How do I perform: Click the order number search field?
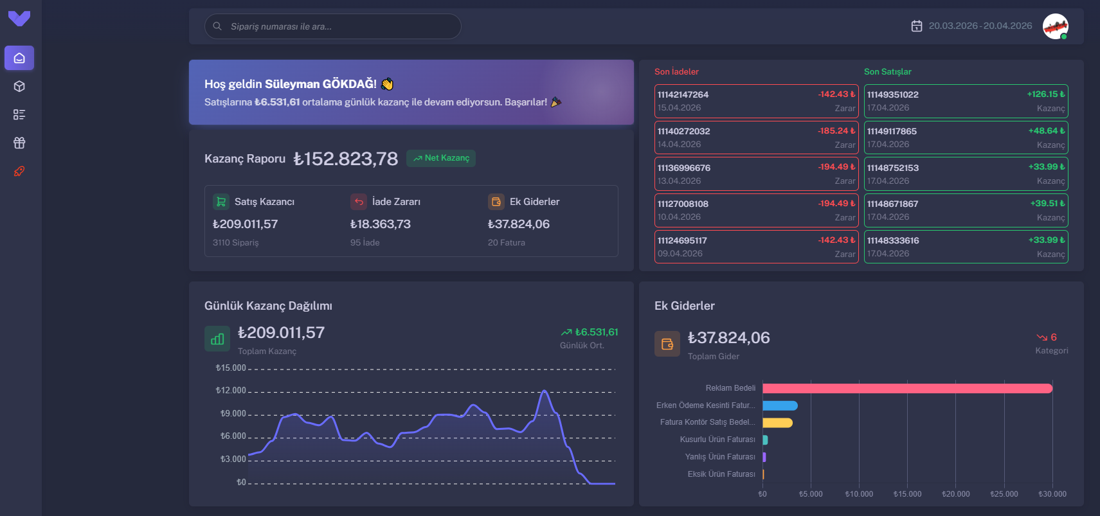point(332,26)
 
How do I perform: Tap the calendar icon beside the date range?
point(917,26)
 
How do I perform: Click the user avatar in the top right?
point(1055,26)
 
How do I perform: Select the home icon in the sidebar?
point(19,58)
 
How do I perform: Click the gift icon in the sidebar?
point(19,143)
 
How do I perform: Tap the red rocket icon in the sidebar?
point(19,171)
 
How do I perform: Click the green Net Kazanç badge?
point(441,158)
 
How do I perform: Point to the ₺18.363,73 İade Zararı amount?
point(380,224)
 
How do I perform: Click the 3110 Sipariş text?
point(235,243)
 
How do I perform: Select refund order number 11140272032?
point(683,131)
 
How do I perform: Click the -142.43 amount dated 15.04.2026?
point(836,94)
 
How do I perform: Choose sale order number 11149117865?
point(892,131)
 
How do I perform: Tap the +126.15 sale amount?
point(1045,94)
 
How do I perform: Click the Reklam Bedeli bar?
point(906,388)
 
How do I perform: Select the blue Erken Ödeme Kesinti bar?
point(780,405)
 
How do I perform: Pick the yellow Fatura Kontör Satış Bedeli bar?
point(777,423)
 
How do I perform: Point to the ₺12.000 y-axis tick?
point(231,391)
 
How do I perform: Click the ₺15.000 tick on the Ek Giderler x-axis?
point(907,494)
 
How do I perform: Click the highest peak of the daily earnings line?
point(545,391)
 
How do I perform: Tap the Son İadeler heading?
point(676,72)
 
